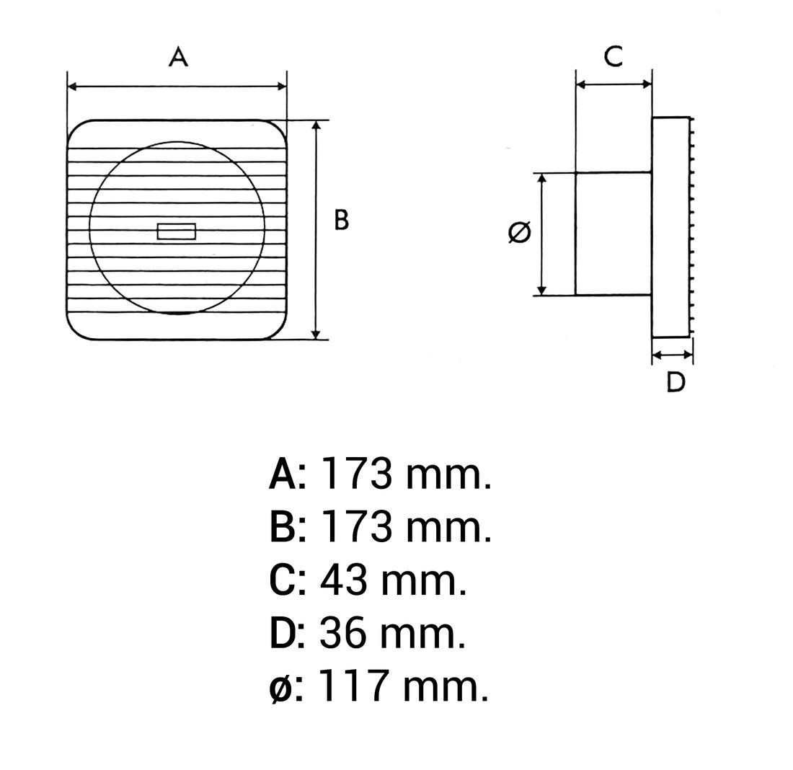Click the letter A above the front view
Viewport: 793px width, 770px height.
coord(178,56)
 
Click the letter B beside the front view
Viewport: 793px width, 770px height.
coord(341,220)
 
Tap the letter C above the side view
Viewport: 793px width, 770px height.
coord(613,56)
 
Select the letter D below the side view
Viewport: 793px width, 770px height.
coord(675,382)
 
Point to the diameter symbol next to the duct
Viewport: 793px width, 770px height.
coord(519,232)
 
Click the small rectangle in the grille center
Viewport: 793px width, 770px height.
coord(177,231)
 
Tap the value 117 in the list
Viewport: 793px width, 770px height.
coord(353,686)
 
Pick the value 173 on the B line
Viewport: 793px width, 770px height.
coord(356,527)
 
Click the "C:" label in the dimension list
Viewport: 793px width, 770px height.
coord(287,580)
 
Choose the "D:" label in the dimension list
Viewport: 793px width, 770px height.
coord(287,633)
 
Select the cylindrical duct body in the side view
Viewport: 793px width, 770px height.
coord(613,234)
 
